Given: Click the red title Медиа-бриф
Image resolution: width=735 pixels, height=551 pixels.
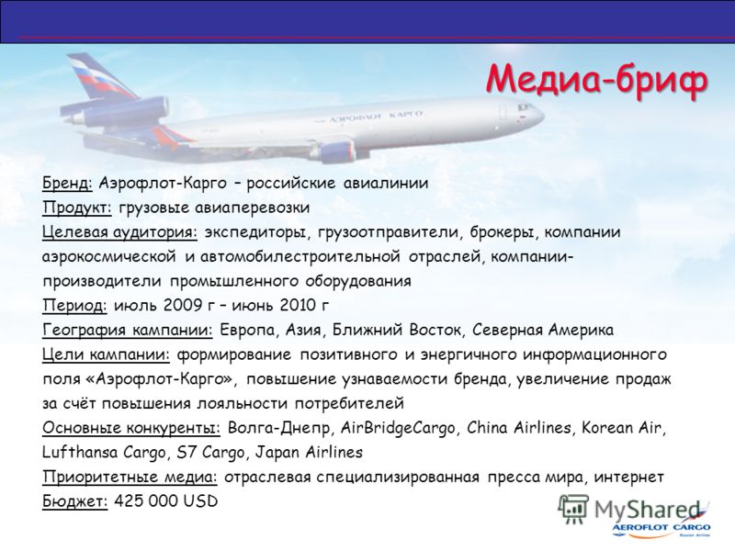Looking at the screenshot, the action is click(596, 80).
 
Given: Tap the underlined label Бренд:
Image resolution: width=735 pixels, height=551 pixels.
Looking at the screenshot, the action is click(67, 183).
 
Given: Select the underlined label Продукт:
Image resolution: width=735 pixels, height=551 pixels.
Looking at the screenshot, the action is click(77, 208).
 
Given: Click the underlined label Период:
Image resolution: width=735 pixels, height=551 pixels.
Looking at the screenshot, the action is click(75, 306).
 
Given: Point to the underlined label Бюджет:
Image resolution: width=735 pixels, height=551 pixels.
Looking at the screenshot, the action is click(75, 501).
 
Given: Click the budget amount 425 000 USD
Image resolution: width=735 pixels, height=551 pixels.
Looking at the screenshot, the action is click(166, 500).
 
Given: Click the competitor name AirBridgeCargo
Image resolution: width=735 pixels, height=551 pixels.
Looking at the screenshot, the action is click(398, 428).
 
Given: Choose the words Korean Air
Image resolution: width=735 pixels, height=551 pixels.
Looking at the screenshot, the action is click(622, 428).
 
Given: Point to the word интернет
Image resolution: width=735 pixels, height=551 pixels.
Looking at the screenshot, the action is click(629, 477).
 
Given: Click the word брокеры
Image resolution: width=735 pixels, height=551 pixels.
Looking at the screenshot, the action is click(503, 232).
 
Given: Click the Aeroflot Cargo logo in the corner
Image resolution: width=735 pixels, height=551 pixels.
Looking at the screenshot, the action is click(661, 528).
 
